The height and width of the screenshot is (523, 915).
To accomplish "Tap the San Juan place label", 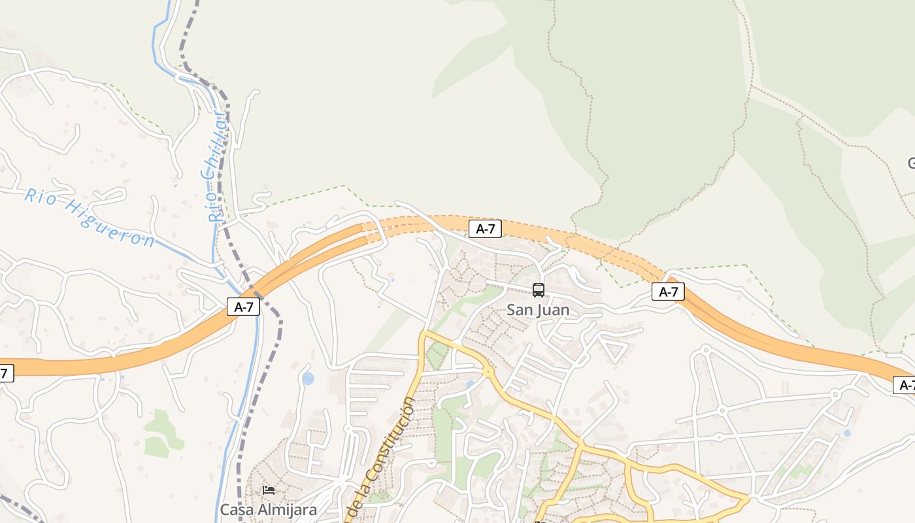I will point(538,310).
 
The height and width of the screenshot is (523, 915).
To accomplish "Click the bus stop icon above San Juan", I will point(538,290).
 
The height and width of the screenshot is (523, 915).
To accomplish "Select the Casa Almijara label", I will point(268,509).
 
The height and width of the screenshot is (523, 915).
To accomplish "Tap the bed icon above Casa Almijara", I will point(268,490).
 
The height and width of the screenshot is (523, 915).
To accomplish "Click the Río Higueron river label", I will point(90,218).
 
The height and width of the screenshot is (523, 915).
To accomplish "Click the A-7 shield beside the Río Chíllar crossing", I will point(243,307).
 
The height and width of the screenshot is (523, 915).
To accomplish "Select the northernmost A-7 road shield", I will point(485,229).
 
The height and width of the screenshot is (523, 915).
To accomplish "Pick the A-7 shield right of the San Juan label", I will point(668,292).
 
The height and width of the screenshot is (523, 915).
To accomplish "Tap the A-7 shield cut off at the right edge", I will point(905,385).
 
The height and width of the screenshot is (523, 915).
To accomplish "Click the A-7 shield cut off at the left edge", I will point(5,373).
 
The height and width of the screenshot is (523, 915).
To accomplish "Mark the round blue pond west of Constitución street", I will point(308,379).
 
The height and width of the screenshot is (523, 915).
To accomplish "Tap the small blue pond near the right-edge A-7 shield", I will point(847,433).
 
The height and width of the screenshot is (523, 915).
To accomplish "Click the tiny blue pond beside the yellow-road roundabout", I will point(469,384).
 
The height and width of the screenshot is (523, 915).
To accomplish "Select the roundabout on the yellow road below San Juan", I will point(488,371).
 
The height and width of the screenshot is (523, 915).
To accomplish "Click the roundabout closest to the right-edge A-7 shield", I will point(835,394).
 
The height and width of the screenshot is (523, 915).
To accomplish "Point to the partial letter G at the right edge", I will point(911,163).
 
